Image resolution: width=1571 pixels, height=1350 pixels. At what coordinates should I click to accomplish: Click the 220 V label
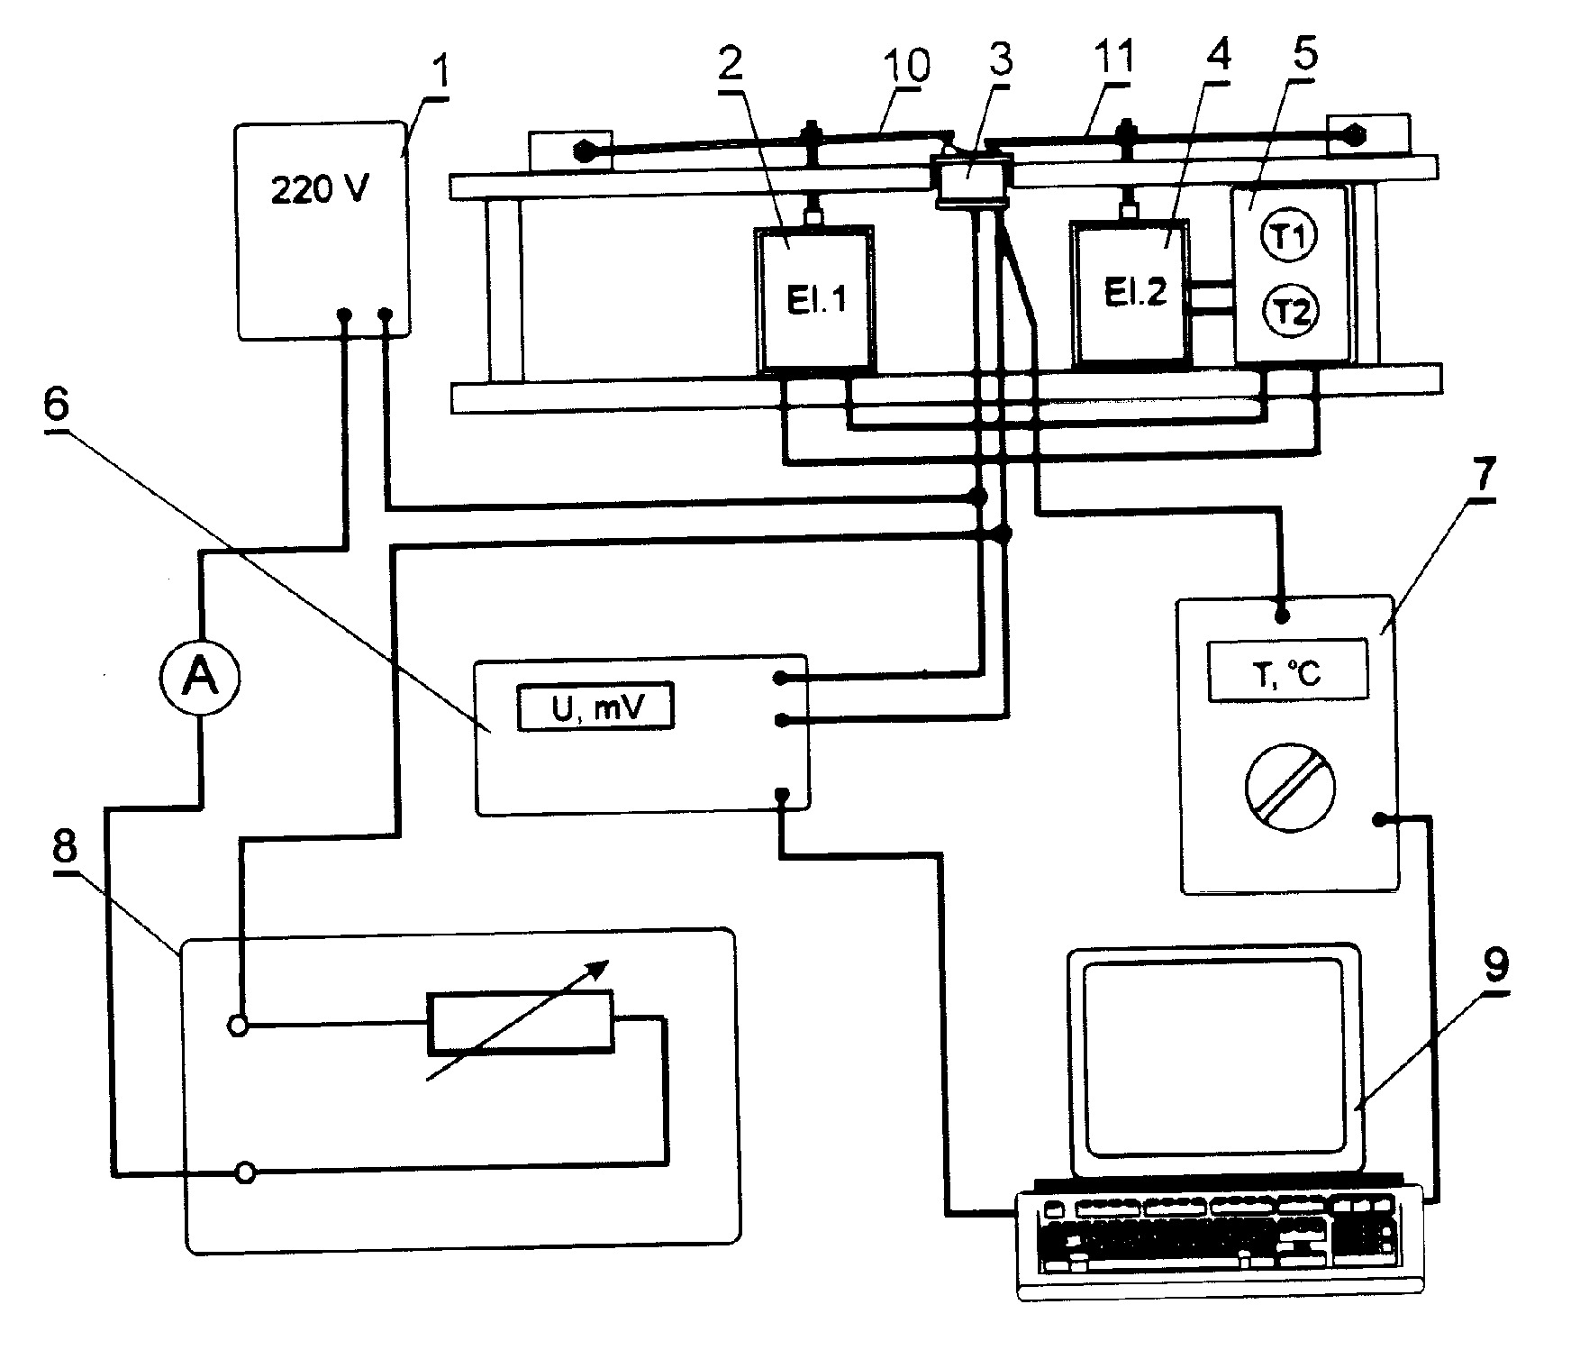pyautogui.click(x=320, y=191)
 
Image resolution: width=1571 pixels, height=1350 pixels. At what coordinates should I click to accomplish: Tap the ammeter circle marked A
pyautogui.click(x=200, y=678)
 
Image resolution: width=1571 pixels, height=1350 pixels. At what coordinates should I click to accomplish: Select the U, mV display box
pyautogui.click(x=595, y=707)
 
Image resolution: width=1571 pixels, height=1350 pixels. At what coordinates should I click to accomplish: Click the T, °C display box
pyautogui.click(x=1288, y=670)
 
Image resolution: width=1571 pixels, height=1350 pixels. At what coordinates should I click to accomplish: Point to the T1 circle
pyautogui.click(x=1291, y=238)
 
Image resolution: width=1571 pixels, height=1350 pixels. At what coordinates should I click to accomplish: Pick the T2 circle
pyautogui.click(x=1291, y=311)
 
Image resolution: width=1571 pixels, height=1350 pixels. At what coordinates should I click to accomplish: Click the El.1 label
pyautogui.click(x=815, y=299)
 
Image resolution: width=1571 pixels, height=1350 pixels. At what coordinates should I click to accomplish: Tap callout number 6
pyautogui.click(x=56, y=406)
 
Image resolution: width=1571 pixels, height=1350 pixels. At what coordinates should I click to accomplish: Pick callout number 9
pyautogui.click(x=1494, y=966)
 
